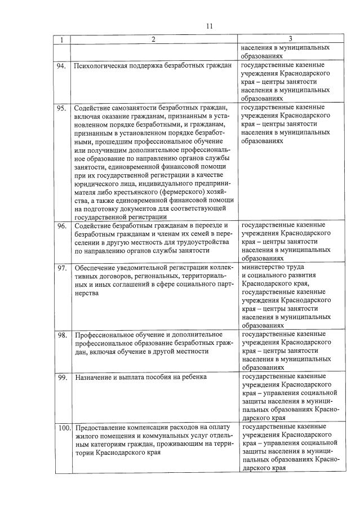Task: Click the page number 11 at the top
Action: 210,26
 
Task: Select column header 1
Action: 61,39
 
